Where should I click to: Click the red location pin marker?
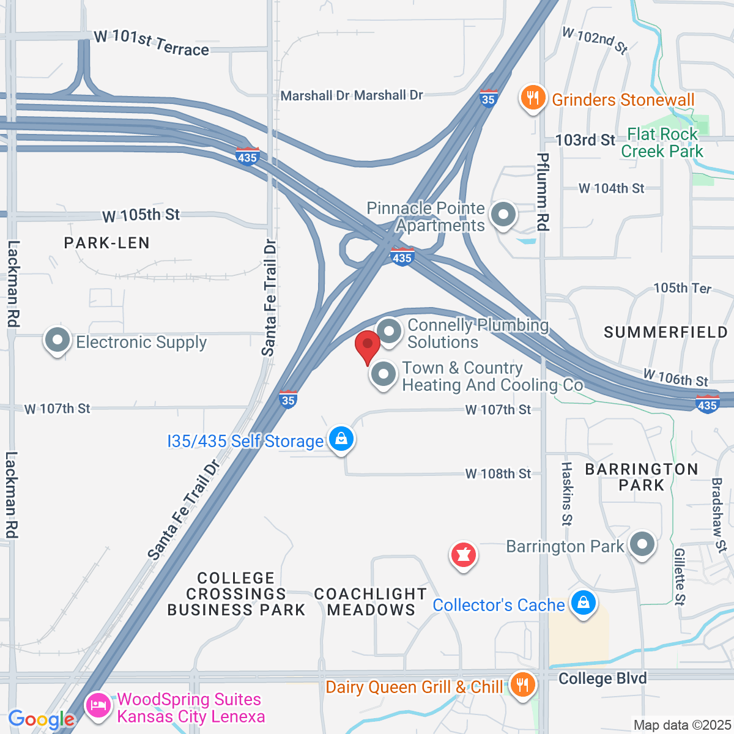tap(368, 346)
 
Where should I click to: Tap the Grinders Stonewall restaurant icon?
tap(533, 97)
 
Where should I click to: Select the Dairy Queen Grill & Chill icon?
tap(522, 684)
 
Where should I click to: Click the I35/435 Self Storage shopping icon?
tap(341, 439)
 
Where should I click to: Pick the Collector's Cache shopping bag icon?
tap(583, 603)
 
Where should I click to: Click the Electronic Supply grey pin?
tap(58, 341)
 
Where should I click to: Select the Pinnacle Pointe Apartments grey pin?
tap(504, 215)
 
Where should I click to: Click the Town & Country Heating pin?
tap(384, 373)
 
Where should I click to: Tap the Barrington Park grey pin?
tap(642, 544)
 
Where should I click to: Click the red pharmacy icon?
tap(463, 555)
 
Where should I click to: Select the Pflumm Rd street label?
tap(543, 193)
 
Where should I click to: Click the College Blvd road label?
tap(602, 678)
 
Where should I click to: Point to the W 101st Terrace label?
tap(152, 43)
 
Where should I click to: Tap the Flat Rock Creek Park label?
tap(662, 143)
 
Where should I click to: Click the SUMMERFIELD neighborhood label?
tap(666, 332)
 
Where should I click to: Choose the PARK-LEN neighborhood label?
tap(107, 243)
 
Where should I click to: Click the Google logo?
tap(41, 719)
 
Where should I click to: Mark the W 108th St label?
tap(498, 474)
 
